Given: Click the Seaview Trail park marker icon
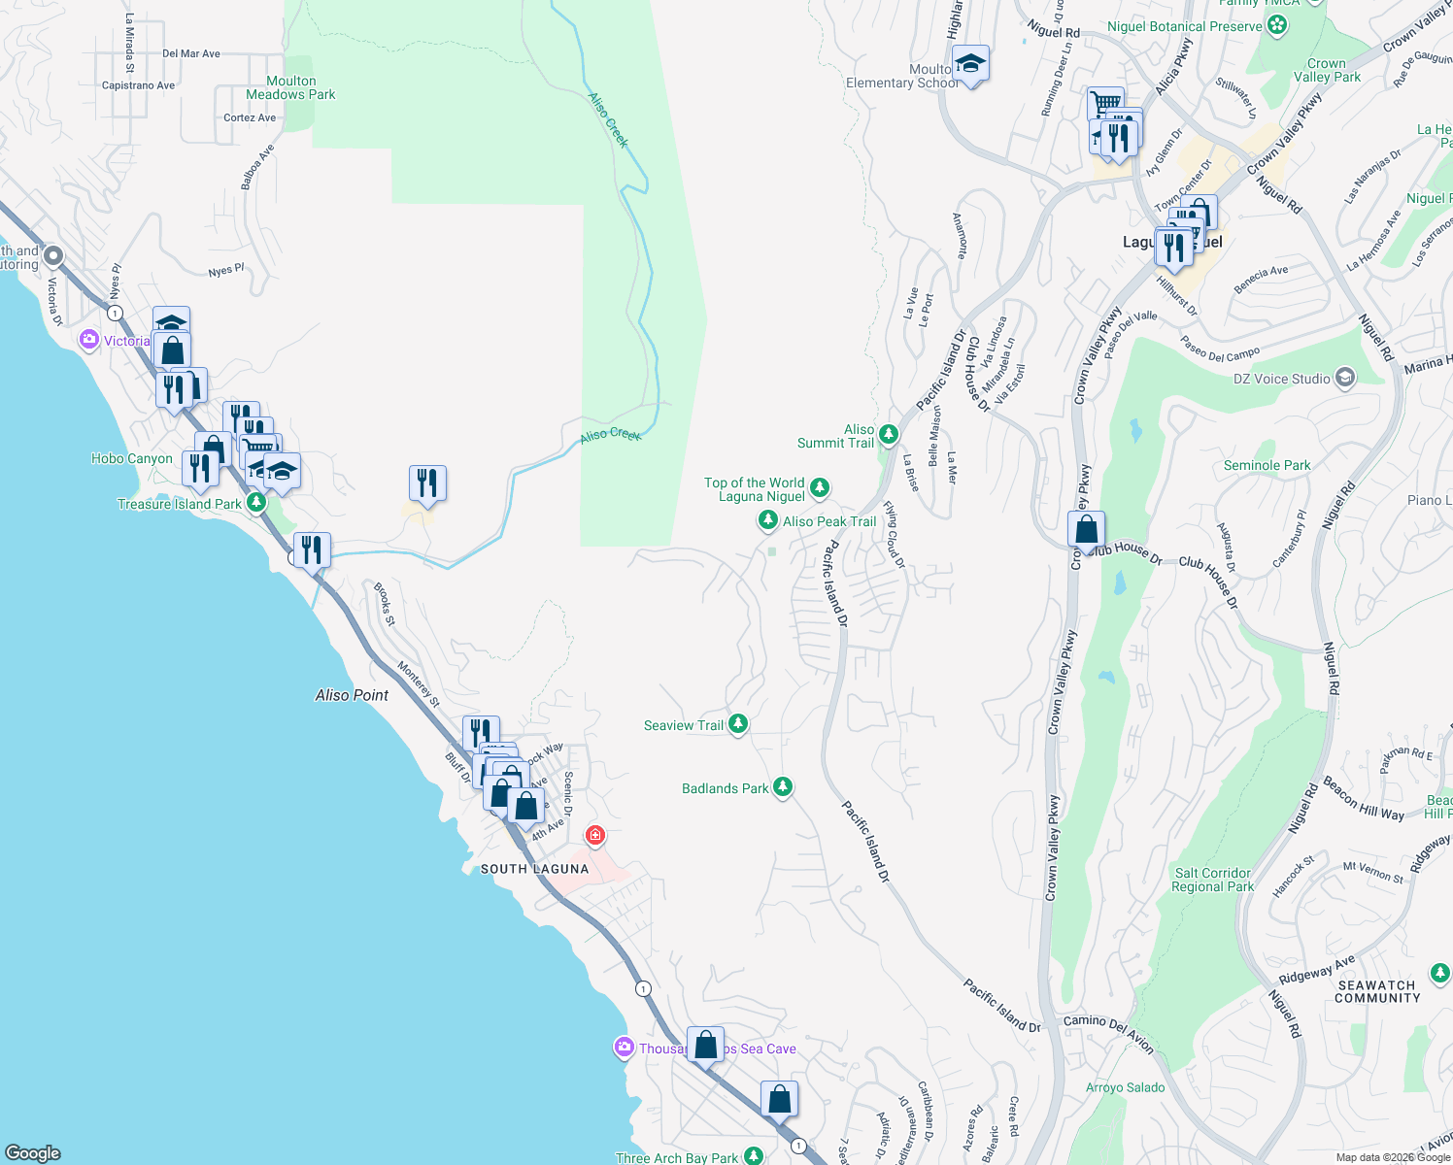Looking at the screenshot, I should pyautogui.click(x=738, y=724).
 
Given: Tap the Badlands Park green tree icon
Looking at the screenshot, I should pyautogui.click(x=783, y=787).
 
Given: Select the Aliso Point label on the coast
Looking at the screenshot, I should pyautogui.click(x=352, y=695).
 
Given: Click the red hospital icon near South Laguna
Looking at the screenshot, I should pyautogui.click(x=595, y=835).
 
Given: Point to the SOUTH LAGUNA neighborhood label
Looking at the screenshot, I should pyautogui.click(x=535, y=869).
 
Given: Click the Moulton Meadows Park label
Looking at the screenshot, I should pyautogui.click(x=290, y=88).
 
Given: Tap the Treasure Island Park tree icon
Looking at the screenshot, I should pyautogui.click(x=256, y=503).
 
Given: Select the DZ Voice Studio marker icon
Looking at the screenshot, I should pyautogui.click(x=1345, y=378).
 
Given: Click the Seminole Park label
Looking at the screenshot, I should pyautogui.click(x=1267, y=466).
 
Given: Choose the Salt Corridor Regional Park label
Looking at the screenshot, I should pyautogui.click(x=1212, y=880).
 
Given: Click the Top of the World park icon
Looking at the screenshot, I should pyautogui.click(x=820, y=486).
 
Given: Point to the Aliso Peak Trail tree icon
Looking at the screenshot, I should pyautogui.click(x=767, y=521).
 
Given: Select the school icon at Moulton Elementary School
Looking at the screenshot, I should pyautogui.click(x=970, y=65).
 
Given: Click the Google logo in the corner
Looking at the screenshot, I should pyautogui.click(x=32, y=1152).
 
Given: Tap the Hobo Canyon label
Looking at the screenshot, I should pyautogui.click(x=132, y=458).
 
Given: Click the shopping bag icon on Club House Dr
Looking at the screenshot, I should pyautogui.click(x=1086, y=530).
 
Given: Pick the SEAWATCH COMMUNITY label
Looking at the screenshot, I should pyautogui.click(x=1376, y=991).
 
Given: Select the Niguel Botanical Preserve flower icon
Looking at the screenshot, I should pyautogui.click(x=1278, y=25).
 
